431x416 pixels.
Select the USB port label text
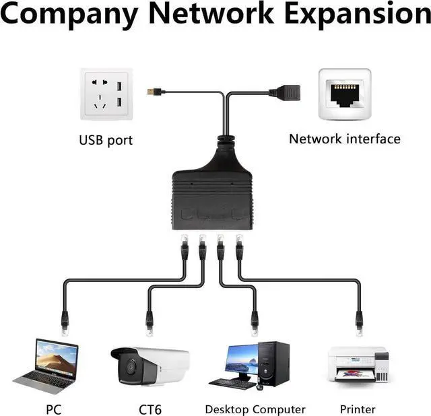106,141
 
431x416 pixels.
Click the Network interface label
344,139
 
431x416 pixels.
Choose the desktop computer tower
273,363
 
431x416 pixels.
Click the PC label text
54,409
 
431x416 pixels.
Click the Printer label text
358,409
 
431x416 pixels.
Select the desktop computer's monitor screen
239,361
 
